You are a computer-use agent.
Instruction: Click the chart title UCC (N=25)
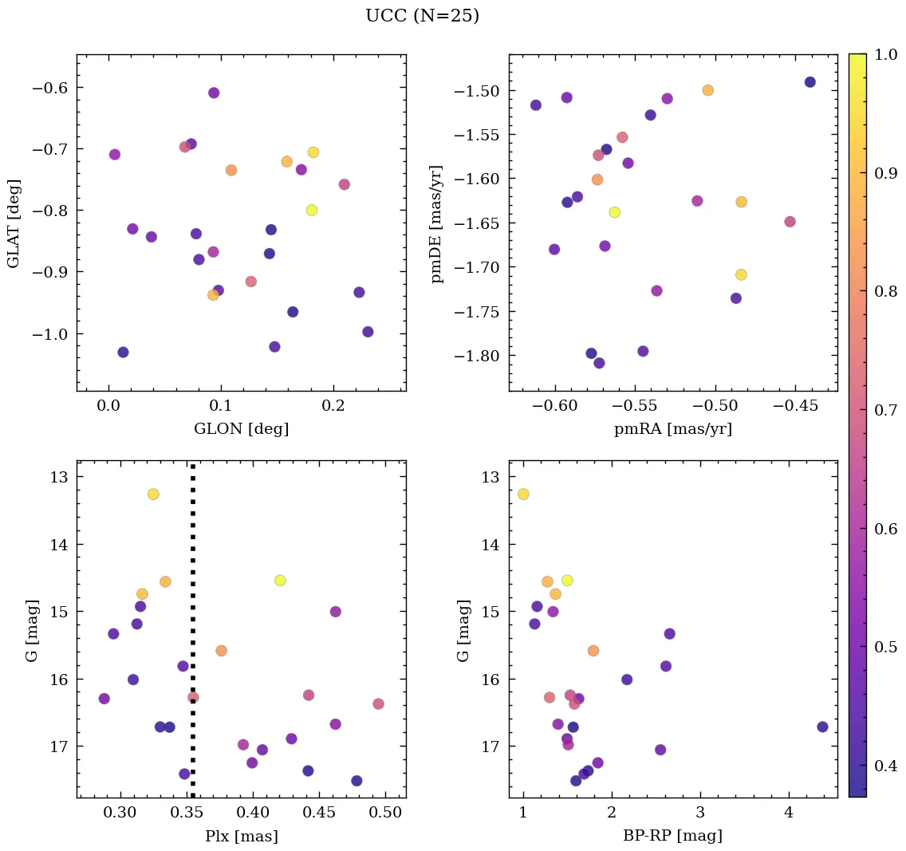[422, 16]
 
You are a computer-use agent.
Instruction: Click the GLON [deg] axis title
[241, 429]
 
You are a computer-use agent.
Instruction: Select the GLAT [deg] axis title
[14, 223]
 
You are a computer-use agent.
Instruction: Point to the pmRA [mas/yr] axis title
[673, 429]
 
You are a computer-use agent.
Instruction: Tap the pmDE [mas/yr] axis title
[437, 223]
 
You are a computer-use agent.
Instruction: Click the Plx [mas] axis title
[241, 837]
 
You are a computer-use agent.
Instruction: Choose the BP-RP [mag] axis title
[673, 836]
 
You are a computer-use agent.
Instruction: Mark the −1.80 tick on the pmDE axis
[475, 355]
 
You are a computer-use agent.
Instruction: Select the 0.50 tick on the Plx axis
[386, 814]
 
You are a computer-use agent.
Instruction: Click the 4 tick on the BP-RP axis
[789, 814]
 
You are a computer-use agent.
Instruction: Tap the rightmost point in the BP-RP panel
[822, 727]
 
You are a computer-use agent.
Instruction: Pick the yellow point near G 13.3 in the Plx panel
[153, 494]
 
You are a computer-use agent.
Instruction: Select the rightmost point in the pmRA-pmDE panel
[809, 82]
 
